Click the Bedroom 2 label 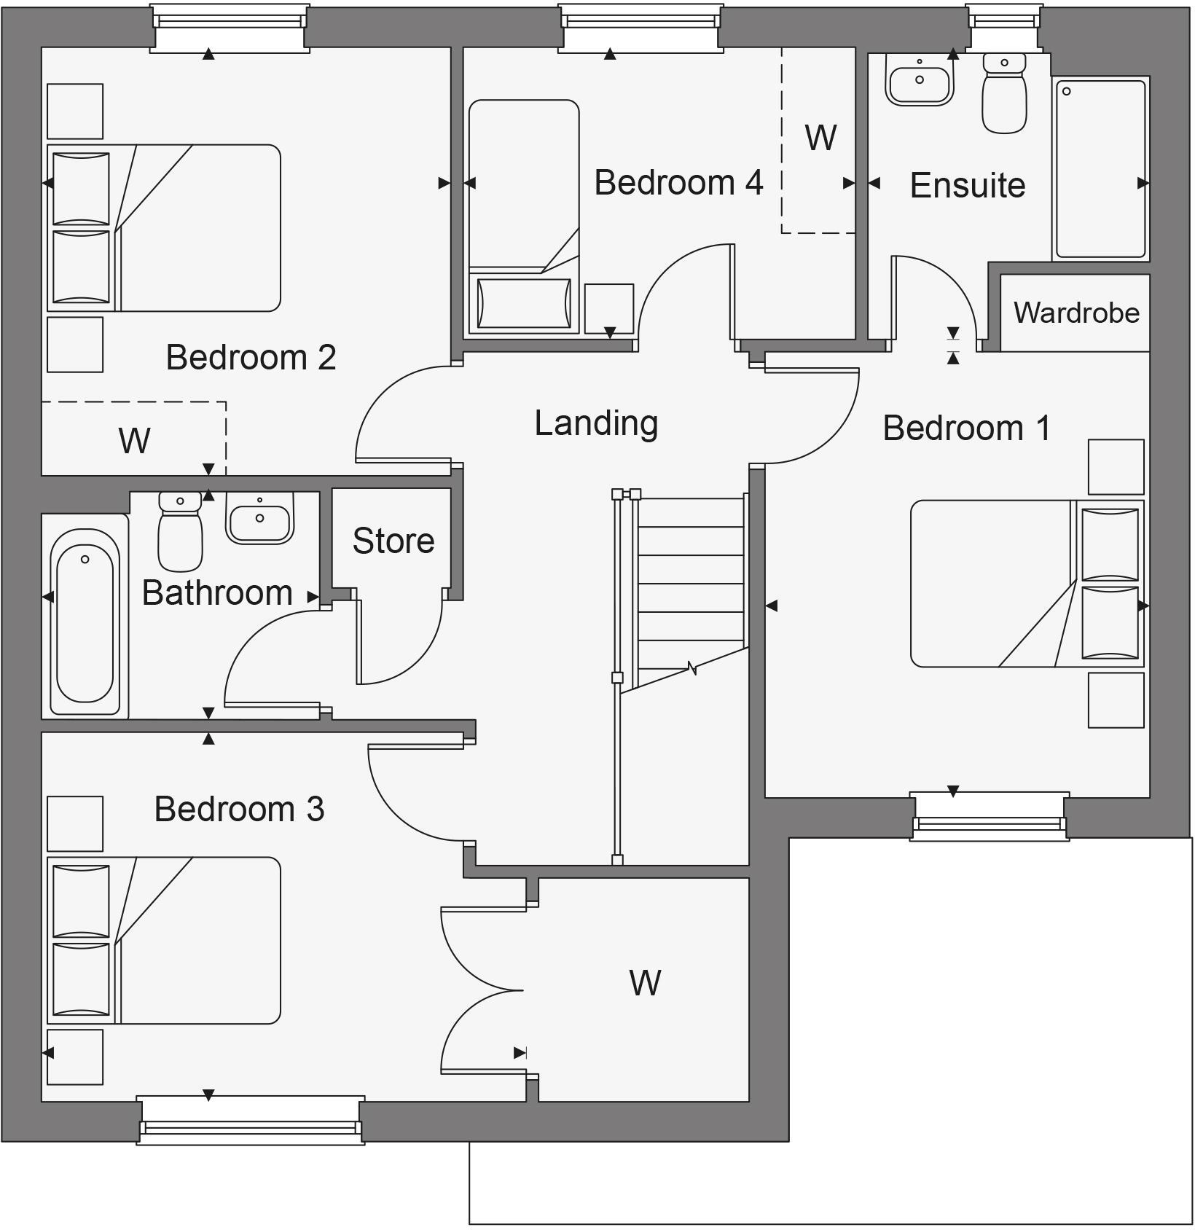click(x=251, y=357)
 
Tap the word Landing click(x=596, y=423)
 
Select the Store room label click(x=393, y=541)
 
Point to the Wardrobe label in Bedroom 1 click(x=1076, y=313)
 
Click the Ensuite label click(x=968, y=185)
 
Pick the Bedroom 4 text click(x=678, y=182)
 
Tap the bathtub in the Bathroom click(x=85, y=622)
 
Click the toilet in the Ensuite click(x=1004, y=94)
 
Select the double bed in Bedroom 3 click(x=164, y=940)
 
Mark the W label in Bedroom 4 click(x=820, y=138)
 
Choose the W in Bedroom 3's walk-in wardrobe click(x=645, y=983)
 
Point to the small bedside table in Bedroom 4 click(x=608, y=309)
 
